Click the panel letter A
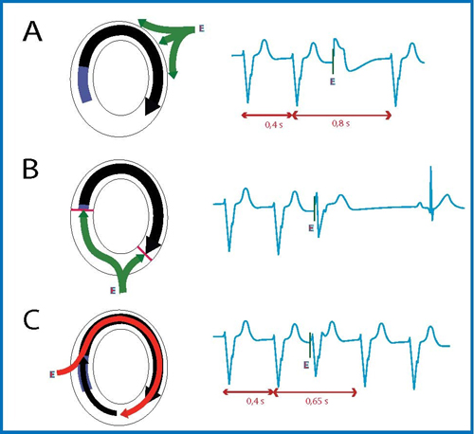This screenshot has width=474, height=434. click(32, 31)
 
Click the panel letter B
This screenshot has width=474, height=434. click(30, 169)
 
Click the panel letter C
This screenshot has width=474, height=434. click(31, 319)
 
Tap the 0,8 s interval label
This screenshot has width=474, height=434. click(340, 123)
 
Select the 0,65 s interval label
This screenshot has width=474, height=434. click(317, 401)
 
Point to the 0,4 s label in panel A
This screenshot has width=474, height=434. click(274, 125)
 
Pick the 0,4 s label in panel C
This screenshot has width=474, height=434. click(255, 401)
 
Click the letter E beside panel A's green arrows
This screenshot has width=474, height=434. click(202, 28)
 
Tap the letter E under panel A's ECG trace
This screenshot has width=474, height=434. click(333, 81)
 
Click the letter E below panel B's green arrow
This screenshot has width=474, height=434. click(113, 290)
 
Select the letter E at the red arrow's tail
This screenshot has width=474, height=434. click(52, 374)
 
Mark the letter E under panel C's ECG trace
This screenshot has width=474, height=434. click(306, 365)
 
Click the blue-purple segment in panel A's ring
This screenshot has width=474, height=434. click(84, 84)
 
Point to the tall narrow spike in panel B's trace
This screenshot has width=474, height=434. click(431, 193)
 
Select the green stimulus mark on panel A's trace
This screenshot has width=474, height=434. click(333, 62)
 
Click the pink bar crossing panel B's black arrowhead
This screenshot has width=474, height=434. click(145, 253)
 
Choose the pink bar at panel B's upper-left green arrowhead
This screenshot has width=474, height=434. click(82, 210)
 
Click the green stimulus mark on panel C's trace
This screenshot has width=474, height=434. click(310, 345)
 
